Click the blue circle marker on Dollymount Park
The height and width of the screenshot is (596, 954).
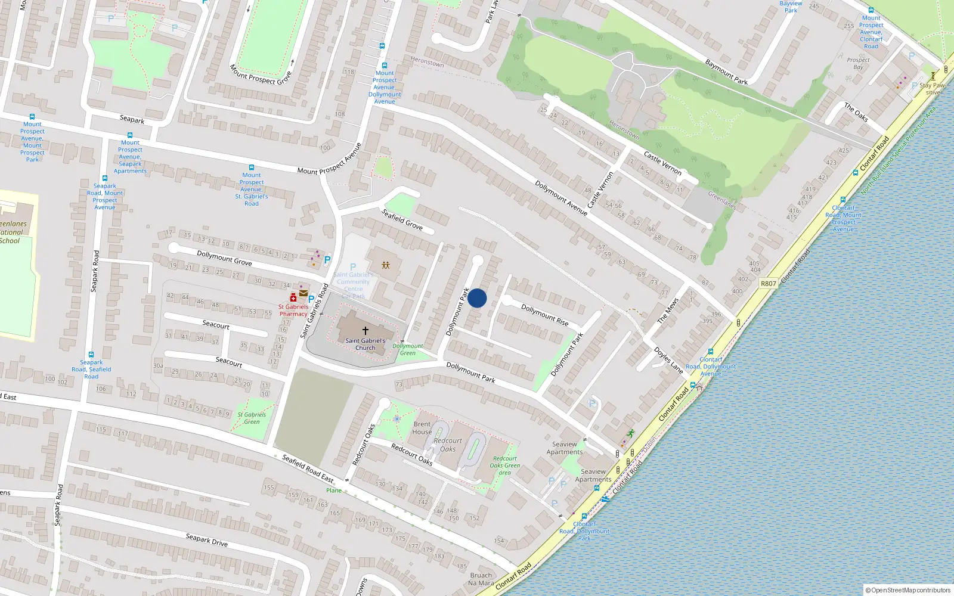tap(477, 298)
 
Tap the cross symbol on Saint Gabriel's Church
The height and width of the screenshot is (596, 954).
tap(366, 330)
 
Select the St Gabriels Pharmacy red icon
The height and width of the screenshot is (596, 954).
tap(293, 297)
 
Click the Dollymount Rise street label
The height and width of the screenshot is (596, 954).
tap(545, 315)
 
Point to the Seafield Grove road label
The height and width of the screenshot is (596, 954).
tap(402, 219)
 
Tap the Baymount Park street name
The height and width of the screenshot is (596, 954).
tap(726, 72)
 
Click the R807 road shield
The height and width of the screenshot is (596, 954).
tap(768, 284)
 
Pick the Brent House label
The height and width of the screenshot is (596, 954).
tap(422, 428)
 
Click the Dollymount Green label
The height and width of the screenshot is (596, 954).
tap(408, 349)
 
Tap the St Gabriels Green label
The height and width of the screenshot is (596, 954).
tap(252, 418)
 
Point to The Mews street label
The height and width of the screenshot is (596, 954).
tap(668, 311)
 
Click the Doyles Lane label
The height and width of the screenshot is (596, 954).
tap(668, 360)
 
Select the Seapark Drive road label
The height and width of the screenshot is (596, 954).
tap(206, 540)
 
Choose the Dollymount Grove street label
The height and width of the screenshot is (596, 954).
tap(224, 257)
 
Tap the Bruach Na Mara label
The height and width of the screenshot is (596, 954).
tap(481, 579)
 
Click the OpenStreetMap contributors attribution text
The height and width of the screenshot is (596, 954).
tap(909, 590)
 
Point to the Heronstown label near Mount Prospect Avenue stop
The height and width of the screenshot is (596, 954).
tap(427, 61)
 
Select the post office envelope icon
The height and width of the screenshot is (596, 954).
tap(303, 293)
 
